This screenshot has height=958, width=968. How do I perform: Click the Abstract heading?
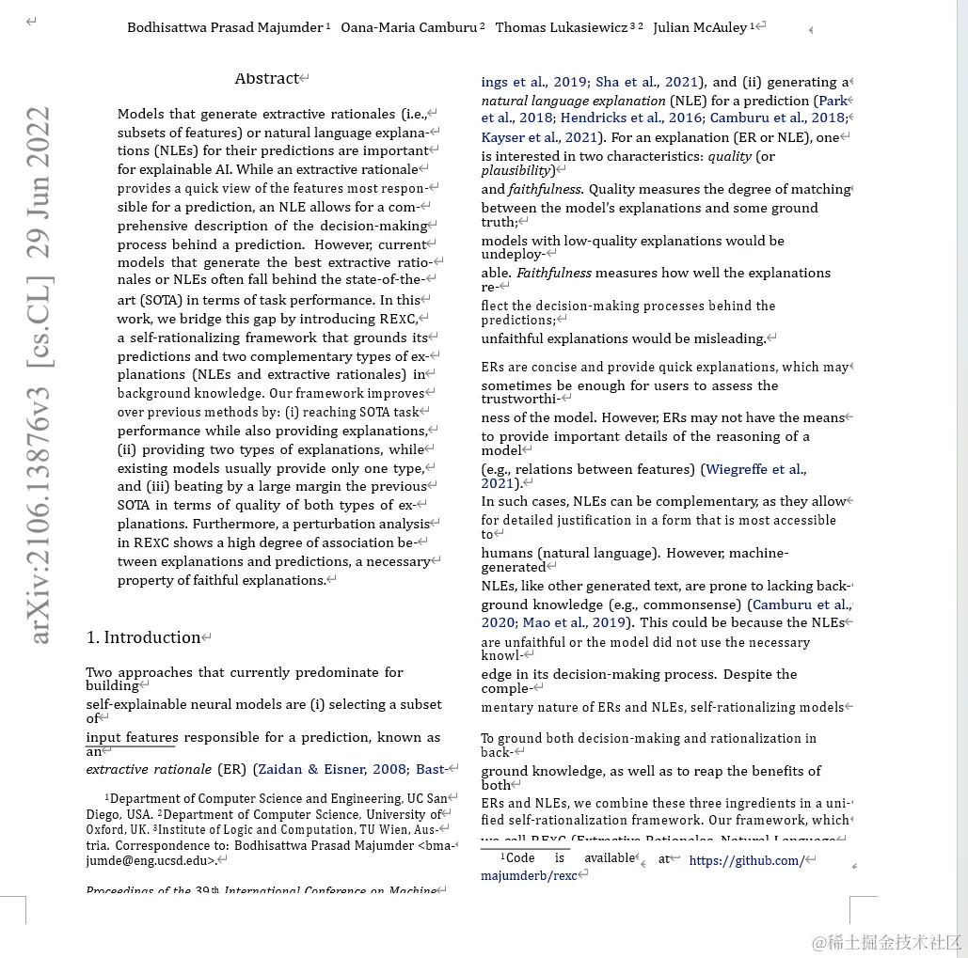pyautogui.click(x=267, y=79)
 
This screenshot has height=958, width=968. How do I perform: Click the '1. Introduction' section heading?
pyautogui.click(x=143, y=637)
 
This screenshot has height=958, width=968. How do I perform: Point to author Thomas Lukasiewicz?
pyautogui.click(x=561, y=27)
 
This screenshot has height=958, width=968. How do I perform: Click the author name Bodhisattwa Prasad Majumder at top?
pyautogui.click(x=225, y=27)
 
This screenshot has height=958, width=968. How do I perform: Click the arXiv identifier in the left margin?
pyautogui.click(x=40, y=376)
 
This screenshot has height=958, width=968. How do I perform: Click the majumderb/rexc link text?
pyautogui.click(x=529, y=875)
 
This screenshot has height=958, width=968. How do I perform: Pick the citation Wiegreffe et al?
pyautogui.click(x=755, y=469)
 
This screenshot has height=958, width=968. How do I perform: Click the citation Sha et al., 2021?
pyautogui.click(x=647, y=82)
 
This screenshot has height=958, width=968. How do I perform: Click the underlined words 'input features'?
pyautogui.click(x=132, y=737)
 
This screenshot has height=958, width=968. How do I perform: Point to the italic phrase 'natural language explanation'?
pyautogui.click(x=573, y=101)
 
